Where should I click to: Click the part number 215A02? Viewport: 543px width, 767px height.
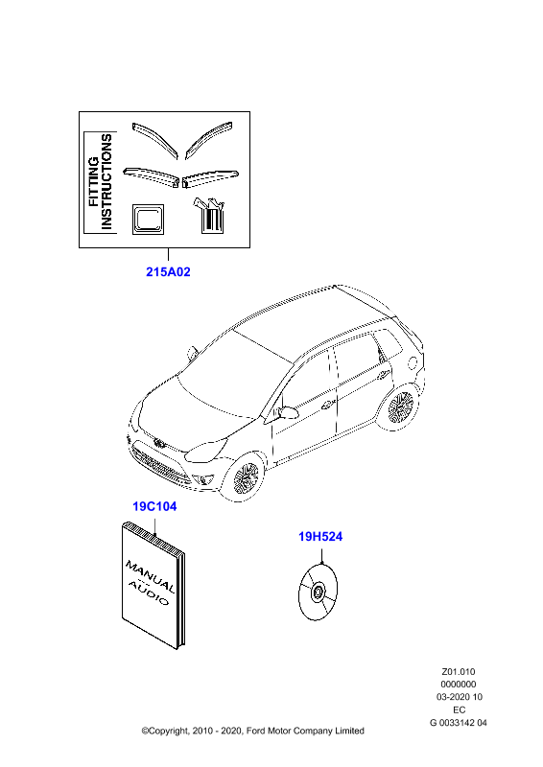(x=168, y=271)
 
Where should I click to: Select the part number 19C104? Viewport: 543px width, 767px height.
(x=154, y=506)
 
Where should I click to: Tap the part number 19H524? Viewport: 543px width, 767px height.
(x=320, y=537)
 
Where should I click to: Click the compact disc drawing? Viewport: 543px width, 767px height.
(x=318, y=592)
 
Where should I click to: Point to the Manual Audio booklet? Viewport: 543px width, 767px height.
(x=153, y=585)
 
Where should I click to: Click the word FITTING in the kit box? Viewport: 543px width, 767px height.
(x=93, y=181)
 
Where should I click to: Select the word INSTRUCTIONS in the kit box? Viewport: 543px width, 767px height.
(x=106, y=182)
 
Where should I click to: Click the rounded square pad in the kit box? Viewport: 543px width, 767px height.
(x=148, y=219)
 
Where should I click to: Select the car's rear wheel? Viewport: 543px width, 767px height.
(x=400, y=407)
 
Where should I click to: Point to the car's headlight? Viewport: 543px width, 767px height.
(x=208, y=450)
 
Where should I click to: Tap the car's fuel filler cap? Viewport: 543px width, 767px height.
(x=413, y=363)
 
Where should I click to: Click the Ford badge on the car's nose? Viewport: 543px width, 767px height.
(x=159, y=443)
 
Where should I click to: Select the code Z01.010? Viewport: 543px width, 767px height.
(x=459, y=672)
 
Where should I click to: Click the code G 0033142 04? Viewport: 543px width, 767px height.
(x=459, y=723)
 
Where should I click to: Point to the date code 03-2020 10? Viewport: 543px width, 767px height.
(x=460, y=697)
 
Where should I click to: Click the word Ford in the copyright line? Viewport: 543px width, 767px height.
(x=256, y=731)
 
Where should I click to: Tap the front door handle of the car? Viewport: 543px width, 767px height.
(x=327, y=405)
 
